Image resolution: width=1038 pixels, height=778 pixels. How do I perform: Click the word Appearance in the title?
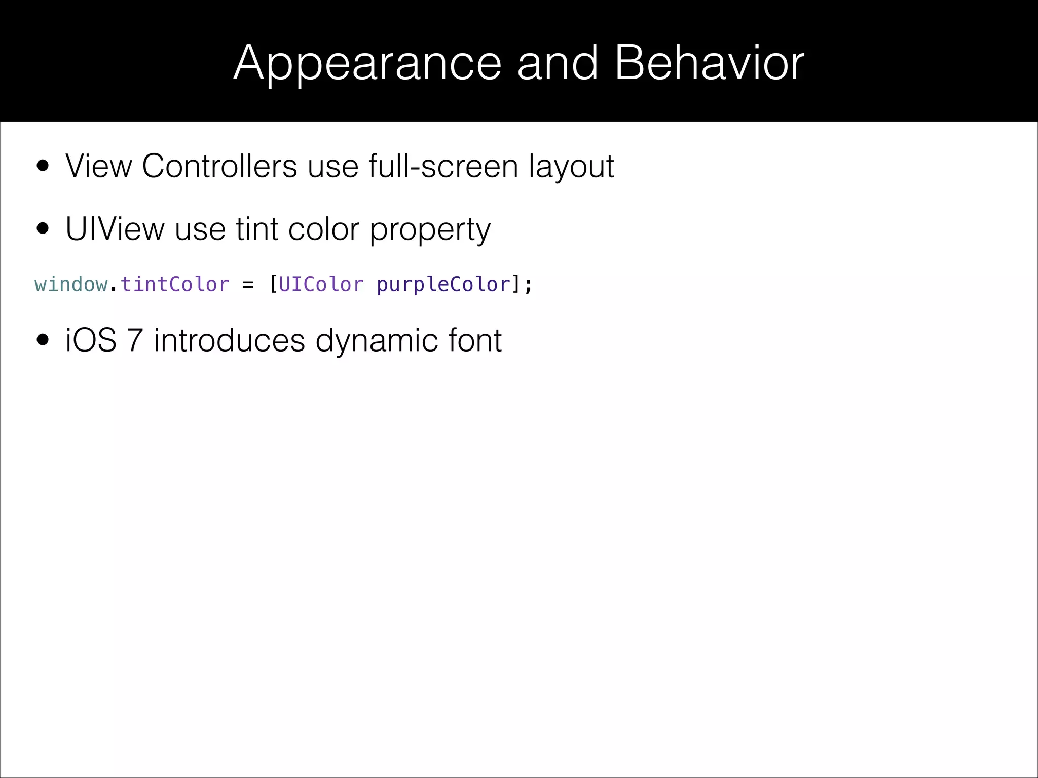click(x=367, y=64)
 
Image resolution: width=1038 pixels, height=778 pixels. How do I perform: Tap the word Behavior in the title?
click(x=709, y=63)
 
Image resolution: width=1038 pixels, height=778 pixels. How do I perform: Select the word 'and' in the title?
click(x=558, y=63)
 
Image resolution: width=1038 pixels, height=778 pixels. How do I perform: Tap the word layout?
click(x=571, y=167)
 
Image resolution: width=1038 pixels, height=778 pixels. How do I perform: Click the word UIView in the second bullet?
click(x=115, y=229)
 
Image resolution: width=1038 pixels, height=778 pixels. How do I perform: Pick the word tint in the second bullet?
click(x=257, y=229)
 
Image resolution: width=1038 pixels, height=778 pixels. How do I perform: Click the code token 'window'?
click(x=71, y=284)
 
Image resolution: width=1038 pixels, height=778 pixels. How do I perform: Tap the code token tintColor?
click(x=175, y=284)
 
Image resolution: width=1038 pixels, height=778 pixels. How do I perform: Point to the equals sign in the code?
click(x=248, y=285)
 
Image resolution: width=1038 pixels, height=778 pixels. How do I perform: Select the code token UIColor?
click(x=321, y=284)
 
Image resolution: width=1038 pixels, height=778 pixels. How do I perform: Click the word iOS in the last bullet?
click(x=91, y=340)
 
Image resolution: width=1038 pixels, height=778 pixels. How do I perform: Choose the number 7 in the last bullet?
click(x=135, y=340)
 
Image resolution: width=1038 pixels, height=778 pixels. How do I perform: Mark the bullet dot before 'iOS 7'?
click(x=43, y=341)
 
